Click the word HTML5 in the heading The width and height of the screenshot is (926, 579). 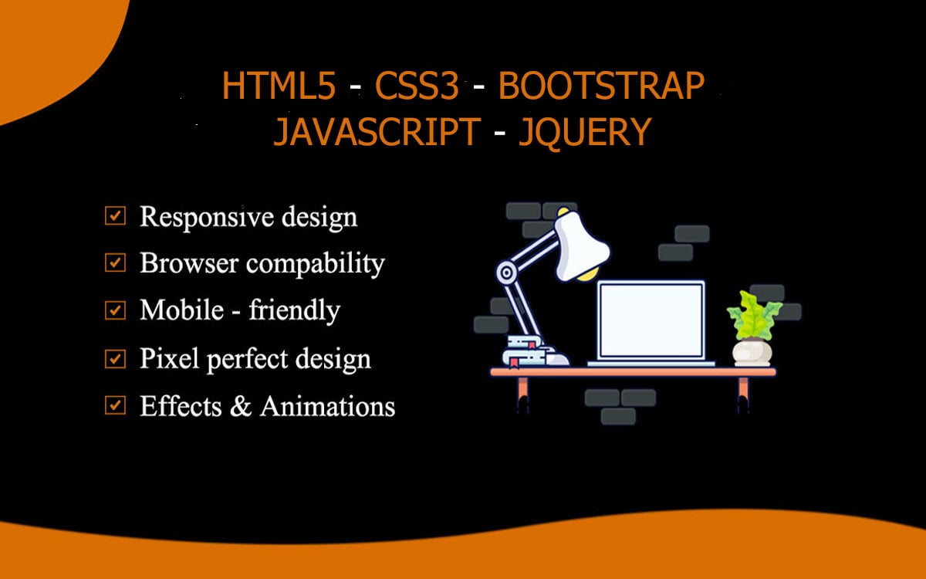[279, 86]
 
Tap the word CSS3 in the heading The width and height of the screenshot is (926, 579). [417, 86]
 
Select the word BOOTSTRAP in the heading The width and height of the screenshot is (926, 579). [601, 86]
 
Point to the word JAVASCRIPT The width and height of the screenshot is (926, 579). [377, 131]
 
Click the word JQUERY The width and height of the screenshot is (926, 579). [585, 132]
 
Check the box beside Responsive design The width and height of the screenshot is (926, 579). [115, 215]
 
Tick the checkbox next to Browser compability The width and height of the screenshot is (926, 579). [115, 262]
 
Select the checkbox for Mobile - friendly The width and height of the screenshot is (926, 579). [115, 310]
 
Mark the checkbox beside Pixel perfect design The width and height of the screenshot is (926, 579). [115, 358]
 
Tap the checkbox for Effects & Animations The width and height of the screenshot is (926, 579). [115, 405]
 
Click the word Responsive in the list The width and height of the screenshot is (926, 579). [207, 217]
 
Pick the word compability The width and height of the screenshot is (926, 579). [316, 264]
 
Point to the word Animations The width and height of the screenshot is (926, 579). [327, 406]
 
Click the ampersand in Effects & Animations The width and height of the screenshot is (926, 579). [241, 406]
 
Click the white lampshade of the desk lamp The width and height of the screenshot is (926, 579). [581, 245]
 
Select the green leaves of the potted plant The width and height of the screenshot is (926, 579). [755, 316]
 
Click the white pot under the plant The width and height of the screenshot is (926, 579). [752, 353]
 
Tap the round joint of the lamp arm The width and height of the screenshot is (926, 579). [505, 273]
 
